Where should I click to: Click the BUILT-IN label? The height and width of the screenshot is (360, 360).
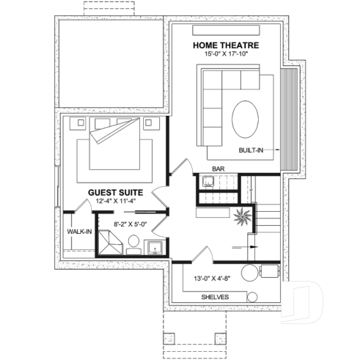tap(251, 150)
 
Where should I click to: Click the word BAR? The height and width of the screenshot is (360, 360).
tap(218, 169)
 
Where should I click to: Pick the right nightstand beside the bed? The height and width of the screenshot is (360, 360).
tap(151, 122)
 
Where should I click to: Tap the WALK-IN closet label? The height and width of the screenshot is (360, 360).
tap(78, 231)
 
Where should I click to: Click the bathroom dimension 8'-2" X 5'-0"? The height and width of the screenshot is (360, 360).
tap(131, 224)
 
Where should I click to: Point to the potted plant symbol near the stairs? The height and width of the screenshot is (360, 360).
tap(240, 217)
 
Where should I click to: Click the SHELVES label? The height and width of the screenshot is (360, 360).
tap(215, 296)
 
